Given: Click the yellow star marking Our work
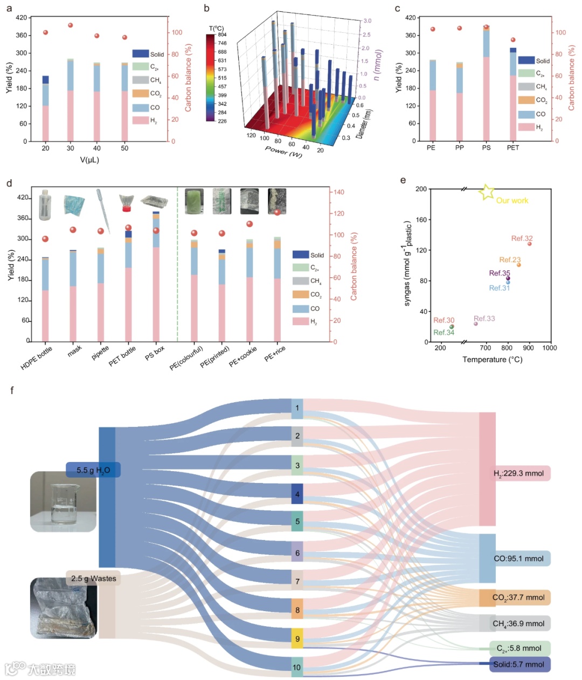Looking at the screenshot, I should click(x=487, y=192).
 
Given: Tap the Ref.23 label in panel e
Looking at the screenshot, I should click(x=510, y=260).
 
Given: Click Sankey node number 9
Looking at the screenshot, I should click(x=297, y=639).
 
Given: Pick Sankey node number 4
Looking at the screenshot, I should click(x=297, y=494).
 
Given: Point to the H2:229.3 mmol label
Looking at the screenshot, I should click(x=518, y=474).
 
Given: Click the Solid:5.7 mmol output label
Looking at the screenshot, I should click(x=518, y=664).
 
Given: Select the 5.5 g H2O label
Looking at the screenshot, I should click(x=93, y=470).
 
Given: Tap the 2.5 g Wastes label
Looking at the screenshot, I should click(x=94, y=578).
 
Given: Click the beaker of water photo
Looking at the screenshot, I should click(x=64, y=502).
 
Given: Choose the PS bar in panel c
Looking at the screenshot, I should click(x=486, y=83).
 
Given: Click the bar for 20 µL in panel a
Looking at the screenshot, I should click(x=45, y=108).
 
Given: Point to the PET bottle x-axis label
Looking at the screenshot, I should click(x=122, y=356).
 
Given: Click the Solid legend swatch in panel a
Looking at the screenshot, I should click(x=140, y=54).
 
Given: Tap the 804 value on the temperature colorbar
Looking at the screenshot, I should click(x=222, y=34).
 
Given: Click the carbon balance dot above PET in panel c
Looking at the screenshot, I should click(x=513, y=40).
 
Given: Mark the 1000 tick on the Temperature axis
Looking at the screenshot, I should click(x=550, y=348).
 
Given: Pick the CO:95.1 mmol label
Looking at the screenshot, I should click(x=518, y=559).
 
